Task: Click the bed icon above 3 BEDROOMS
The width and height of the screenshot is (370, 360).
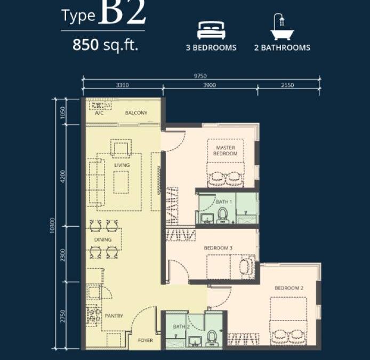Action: point(211,30)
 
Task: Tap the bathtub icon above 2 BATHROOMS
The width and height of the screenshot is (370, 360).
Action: point(282,27)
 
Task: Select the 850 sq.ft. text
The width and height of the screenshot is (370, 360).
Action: point(105,45)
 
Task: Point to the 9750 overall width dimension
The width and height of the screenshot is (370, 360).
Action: point(200,76)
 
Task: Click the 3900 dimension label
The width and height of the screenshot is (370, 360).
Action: point(210,85)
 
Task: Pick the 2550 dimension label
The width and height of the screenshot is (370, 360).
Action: point(287,85)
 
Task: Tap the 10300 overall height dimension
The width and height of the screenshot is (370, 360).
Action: point(52,226)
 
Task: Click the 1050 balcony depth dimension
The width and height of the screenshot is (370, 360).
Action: point(62,113)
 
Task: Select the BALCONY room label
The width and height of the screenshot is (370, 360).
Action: point(136,113)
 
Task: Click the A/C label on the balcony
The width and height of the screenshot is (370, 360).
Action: point(99,113)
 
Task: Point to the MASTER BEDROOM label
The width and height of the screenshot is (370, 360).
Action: point(226,150)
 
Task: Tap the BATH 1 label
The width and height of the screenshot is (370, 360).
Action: point(224,202)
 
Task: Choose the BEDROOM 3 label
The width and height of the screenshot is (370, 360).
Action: point(218,248)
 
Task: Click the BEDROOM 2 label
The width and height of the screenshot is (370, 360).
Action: point(289,288)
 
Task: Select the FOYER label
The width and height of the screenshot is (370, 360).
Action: point(146,340)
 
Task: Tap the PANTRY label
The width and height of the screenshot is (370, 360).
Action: point(114,316)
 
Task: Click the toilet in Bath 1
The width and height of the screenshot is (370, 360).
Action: point(222,215)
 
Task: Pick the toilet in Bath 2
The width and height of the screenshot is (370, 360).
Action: point(212,338)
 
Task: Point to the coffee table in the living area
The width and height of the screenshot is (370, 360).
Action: point(121,182)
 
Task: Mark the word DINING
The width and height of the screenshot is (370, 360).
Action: point(103,239)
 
